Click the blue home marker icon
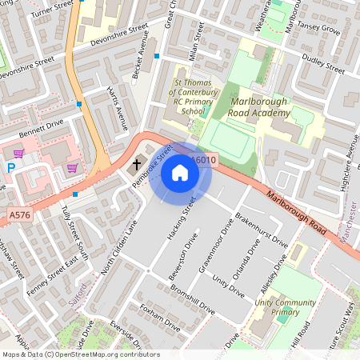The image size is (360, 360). click(x=180, y=172)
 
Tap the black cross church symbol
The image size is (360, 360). click(x=137, y=165)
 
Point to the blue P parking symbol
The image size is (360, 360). click(x=10, y=168)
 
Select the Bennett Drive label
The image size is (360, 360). click(x=42, y=126)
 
